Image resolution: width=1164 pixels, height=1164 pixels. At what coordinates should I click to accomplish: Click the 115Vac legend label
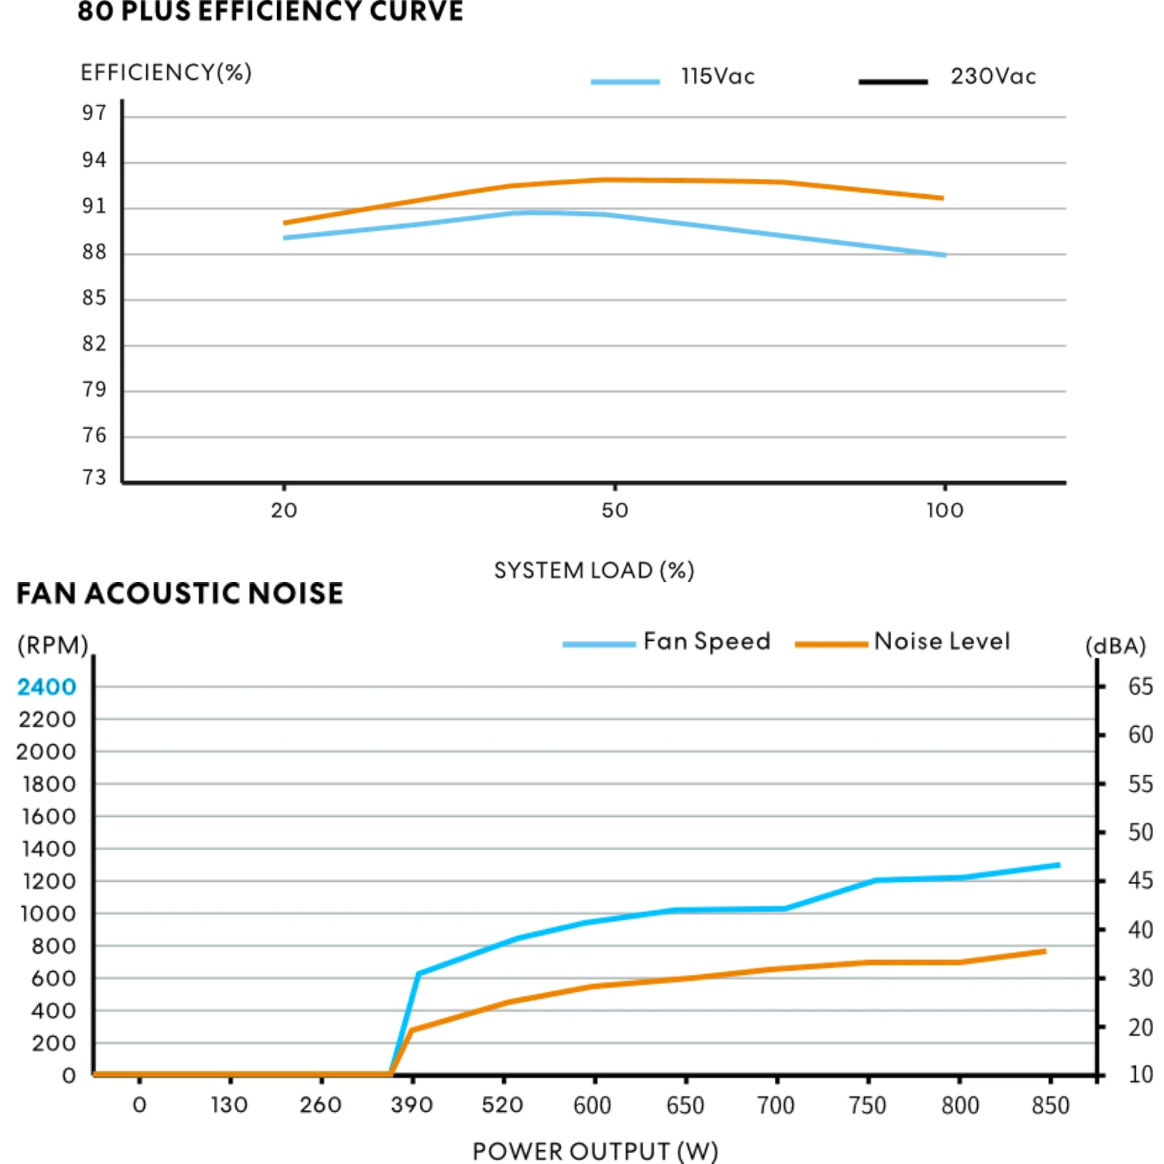(717, 76)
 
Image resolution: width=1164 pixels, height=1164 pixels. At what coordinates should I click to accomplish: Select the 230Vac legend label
(993, 76)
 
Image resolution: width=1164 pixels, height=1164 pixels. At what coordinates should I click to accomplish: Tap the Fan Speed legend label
(706, 641)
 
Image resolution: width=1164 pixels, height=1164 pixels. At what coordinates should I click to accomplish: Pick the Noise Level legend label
(942, 641)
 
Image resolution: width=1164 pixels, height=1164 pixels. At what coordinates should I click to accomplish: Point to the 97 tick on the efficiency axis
(94, 113)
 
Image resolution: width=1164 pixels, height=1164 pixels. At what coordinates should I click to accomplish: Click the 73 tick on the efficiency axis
(94, 477)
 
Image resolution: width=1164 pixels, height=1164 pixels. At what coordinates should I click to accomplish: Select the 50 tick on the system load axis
(615, 510)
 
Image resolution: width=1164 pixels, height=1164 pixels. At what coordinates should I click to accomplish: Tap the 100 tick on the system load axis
(944, 510)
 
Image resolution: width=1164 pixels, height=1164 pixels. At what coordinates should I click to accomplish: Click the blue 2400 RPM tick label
(47, 687)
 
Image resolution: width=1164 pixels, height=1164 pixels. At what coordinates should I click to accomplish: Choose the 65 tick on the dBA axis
(1140, 687)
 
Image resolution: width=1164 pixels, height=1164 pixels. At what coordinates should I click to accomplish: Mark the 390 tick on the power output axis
(412, 1105)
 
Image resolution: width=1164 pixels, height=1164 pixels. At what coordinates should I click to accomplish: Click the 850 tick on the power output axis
(1050, 1105)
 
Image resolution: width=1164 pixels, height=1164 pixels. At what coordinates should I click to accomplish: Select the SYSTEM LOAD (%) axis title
(594, 570)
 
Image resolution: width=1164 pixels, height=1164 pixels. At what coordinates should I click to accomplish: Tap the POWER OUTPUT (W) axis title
(595, 1151)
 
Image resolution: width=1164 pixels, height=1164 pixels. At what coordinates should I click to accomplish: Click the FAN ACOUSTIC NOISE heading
(180, 594)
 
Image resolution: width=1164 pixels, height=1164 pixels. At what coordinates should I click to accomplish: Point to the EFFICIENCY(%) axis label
(166, 73)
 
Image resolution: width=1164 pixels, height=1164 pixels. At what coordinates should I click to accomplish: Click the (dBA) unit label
(1115, 646)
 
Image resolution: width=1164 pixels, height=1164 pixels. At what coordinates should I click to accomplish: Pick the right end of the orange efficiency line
(942, 198)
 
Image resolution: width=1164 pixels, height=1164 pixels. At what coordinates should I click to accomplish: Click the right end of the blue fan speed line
(1059, 865)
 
